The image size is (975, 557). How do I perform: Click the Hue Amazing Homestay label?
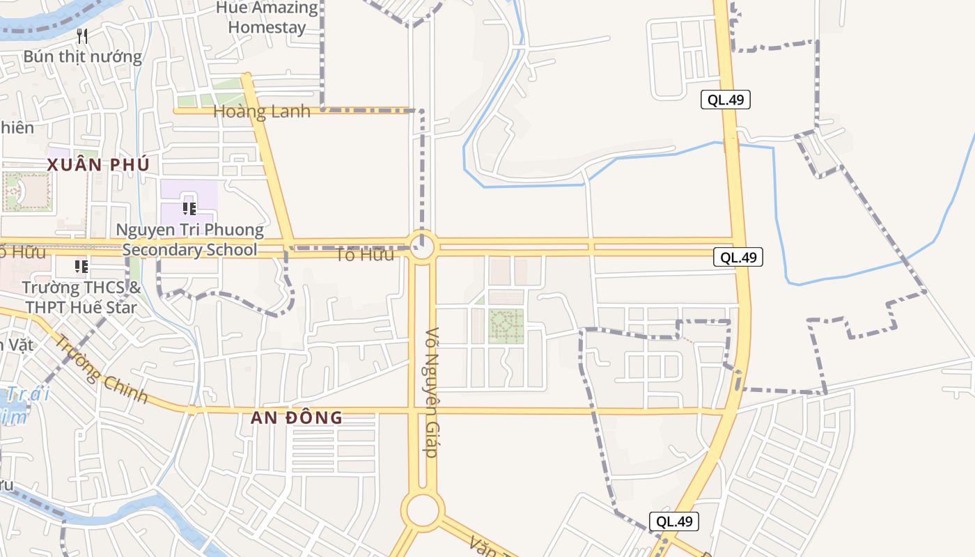[x=267, y=18]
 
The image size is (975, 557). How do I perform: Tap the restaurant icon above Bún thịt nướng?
[x=82, y=36]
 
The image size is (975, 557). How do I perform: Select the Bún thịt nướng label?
[x=82, y=56]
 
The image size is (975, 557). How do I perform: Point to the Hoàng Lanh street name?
[x=262, y=111]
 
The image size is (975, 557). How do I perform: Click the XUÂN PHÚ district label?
[x=98, y=165]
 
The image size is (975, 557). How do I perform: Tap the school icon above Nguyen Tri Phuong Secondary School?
[x=189, y=207]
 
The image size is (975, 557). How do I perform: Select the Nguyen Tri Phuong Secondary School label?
[x=190, y=240]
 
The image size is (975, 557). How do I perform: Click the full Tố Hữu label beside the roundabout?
[x=364, y=255]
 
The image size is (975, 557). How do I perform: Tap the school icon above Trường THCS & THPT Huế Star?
[x=81, y=267]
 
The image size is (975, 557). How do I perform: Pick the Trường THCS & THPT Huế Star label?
[x=81, y=297]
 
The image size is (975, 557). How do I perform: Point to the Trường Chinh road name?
[x=102, y=369]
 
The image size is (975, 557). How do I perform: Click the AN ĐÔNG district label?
[x=297, y=418]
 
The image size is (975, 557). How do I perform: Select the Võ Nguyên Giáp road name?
[x=432, y=392]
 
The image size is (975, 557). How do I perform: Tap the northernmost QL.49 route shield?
[x=725, y=100]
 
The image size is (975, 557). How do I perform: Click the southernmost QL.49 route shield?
[x=673, y=521]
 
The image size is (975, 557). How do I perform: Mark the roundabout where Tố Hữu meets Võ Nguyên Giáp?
[x=422, y=246]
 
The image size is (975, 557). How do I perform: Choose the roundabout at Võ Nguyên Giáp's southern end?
[x=423, y=510]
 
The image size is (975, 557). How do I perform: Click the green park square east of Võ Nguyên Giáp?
[x=506, y=325]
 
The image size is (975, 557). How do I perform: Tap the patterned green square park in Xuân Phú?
[x=26, y=191]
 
